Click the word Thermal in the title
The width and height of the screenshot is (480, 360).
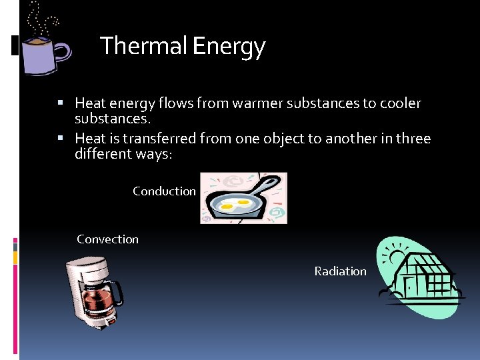(x=143, y=47)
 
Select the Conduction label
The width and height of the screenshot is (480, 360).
(x=164, y=191)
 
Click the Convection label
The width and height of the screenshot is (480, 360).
(x=107, y=239)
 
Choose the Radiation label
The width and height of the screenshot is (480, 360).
(x=340, y=271)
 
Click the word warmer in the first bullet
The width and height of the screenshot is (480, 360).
(x=250, y=104)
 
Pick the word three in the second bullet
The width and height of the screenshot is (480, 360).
(x=413, y=139)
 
